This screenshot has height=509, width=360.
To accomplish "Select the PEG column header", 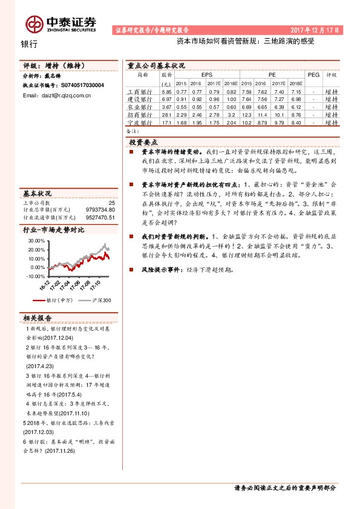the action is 313,74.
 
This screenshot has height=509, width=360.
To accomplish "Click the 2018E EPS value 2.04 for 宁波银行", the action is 229,122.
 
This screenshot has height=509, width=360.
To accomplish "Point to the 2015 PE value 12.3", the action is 247,114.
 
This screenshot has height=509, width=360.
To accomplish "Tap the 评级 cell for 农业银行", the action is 331,106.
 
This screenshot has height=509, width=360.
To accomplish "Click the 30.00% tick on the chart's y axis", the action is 36,241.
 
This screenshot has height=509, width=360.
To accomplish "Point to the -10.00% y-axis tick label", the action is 35,276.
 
